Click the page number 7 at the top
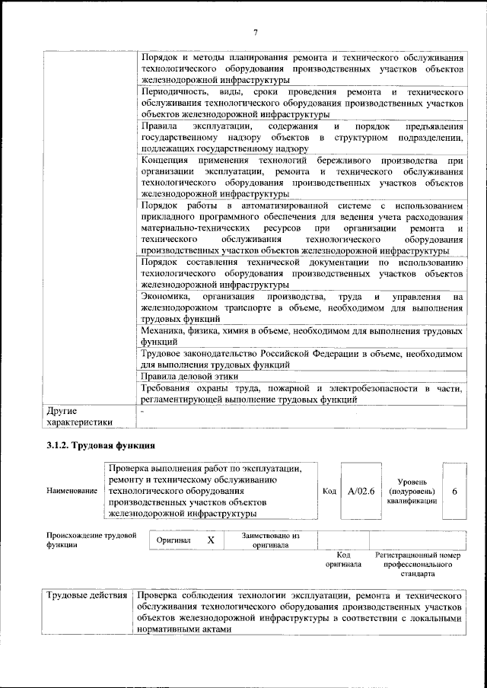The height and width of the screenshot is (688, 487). [256, 31]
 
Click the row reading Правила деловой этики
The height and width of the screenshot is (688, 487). [190, 377]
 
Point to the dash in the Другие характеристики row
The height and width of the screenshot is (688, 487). [142, 411]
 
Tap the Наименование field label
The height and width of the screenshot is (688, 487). [72, 492]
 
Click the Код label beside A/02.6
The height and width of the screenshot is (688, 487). [329, 492]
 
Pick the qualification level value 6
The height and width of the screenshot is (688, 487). [454, 492]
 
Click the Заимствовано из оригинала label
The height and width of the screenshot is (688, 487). [270, 540]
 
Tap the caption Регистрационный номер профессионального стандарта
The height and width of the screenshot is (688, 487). [419, 565]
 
